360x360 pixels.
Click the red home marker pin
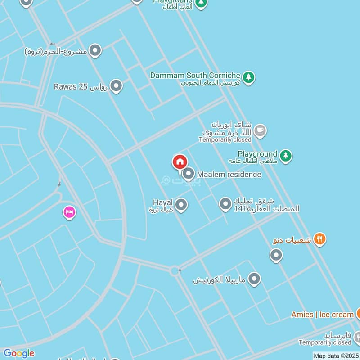tap(180, 162)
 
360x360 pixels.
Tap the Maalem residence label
tap(229, 174)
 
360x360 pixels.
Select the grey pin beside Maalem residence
tap(189, 173)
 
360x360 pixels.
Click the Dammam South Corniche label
tap(195, 75)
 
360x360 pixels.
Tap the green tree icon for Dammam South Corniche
tap(248, 77)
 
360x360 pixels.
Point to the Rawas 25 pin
tap(117, 85)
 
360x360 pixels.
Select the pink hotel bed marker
tap(69, 211)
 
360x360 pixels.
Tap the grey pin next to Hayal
tap(181, 205)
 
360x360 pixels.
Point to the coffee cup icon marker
tap(260, 131)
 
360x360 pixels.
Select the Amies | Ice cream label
tap(322, 315)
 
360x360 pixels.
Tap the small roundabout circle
tap(174, 270)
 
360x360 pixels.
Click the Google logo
tap(18, 353)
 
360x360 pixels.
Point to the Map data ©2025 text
tap(335, 355)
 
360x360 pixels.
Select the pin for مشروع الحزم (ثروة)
tap(95, 50)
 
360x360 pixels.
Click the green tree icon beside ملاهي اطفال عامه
tap(285, 156)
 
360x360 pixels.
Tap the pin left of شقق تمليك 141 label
tap(225, 204)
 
